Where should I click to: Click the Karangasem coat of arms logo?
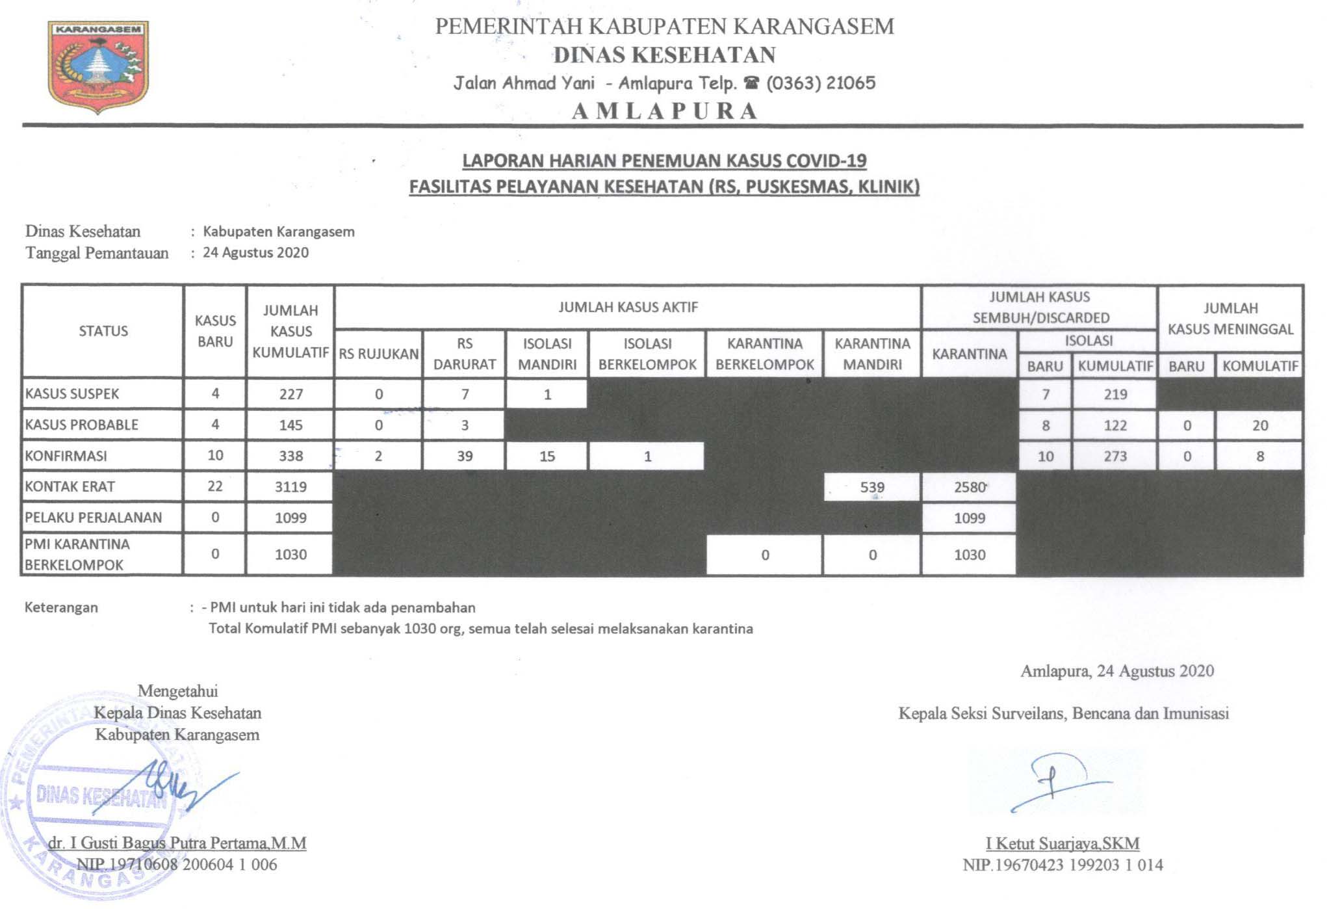98,66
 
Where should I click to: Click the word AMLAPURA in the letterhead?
665,111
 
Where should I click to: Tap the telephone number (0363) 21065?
821,83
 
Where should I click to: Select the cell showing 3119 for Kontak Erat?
290,487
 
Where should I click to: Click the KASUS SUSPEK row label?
72,394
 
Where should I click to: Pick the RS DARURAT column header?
464,354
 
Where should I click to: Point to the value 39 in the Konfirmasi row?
464,456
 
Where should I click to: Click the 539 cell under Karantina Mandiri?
871,487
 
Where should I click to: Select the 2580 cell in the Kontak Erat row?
970,487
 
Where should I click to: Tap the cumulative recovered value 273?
1115,456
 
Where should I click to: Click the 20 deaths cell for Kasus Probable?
1259,425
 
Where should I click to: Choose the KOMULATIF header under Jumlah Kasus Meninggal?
1259,366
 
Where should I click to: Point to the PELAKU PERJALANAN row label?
93,518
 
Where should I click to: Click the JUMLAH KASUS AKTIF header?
628,307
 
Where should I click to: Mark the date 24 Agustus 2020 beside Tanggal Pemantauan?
255,252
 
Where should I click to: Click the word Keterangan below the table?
61,607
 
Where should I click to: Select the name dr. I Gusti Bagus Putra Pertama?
177,843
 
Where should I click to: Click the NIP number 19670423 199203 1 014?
1063,865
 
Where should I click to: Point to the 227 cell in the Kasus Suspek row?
290,394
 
